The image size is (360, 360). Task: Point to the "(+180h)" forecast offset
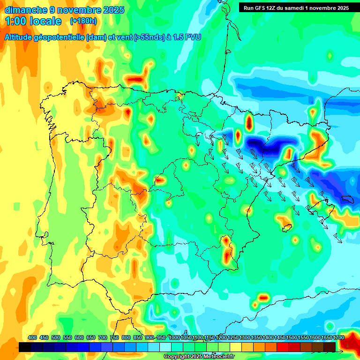pyautogui.click(x=83, y=21)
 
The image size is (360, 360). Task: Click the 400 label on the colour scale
pyautogui.click(x=32, y=338)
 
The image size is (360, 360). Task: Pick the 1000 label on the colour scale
pyautogui.click(x=174, y=338)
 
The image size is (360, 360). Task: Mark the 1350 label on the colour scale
pyautogui.click(x=256, y=338)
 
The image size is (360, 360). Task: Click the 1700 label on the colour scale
pyautogui.click(x=338, y=338)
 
